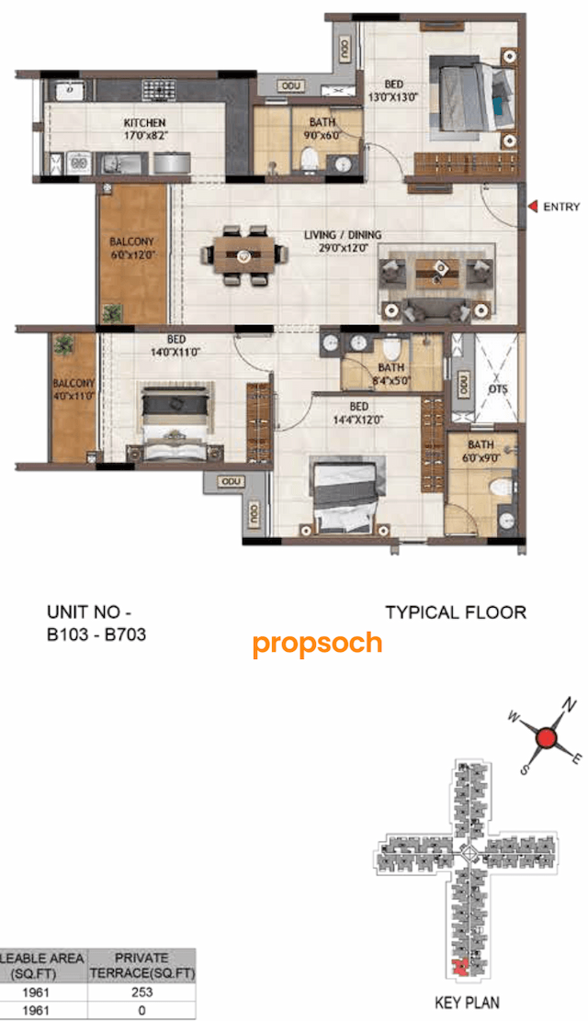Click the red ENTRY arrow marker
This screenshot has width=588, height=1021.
coord(533,207)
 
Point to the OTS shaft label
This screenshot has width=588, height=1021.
coord(497,389)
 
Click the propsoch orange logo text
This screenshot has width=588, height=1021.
coord(317,643)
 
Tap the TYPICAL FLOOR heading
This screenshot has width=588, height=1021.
coord(455,612)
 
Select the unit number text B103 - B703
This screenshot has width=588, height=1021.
coord(96,633)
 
